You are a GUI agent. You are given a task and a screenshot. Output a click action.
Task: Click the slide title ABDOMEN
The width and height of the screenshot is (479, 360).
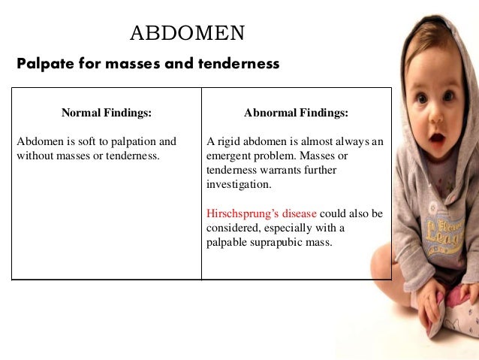click(187, 33)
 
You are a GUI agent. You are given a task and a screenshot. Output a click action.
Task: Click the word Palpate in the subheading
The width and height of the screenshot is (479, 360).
click(42, 65)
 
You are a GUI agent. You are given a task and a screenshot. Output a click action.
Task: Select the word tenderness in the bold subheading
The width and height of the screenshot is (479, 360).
click(239, 65)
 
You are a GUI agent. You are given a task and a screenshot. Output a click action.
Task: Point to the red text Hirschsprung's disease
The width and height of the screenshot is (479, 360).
click(261, 213)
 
